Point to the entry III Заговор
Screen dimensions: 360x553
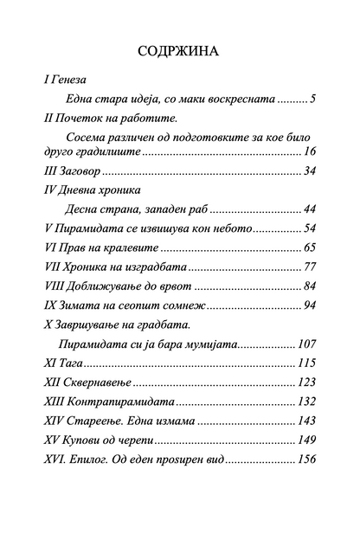click(69, 170)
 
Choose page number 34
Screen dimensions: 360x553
click(309, 170)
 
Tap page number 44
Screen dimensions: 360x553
click(309, 209)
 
